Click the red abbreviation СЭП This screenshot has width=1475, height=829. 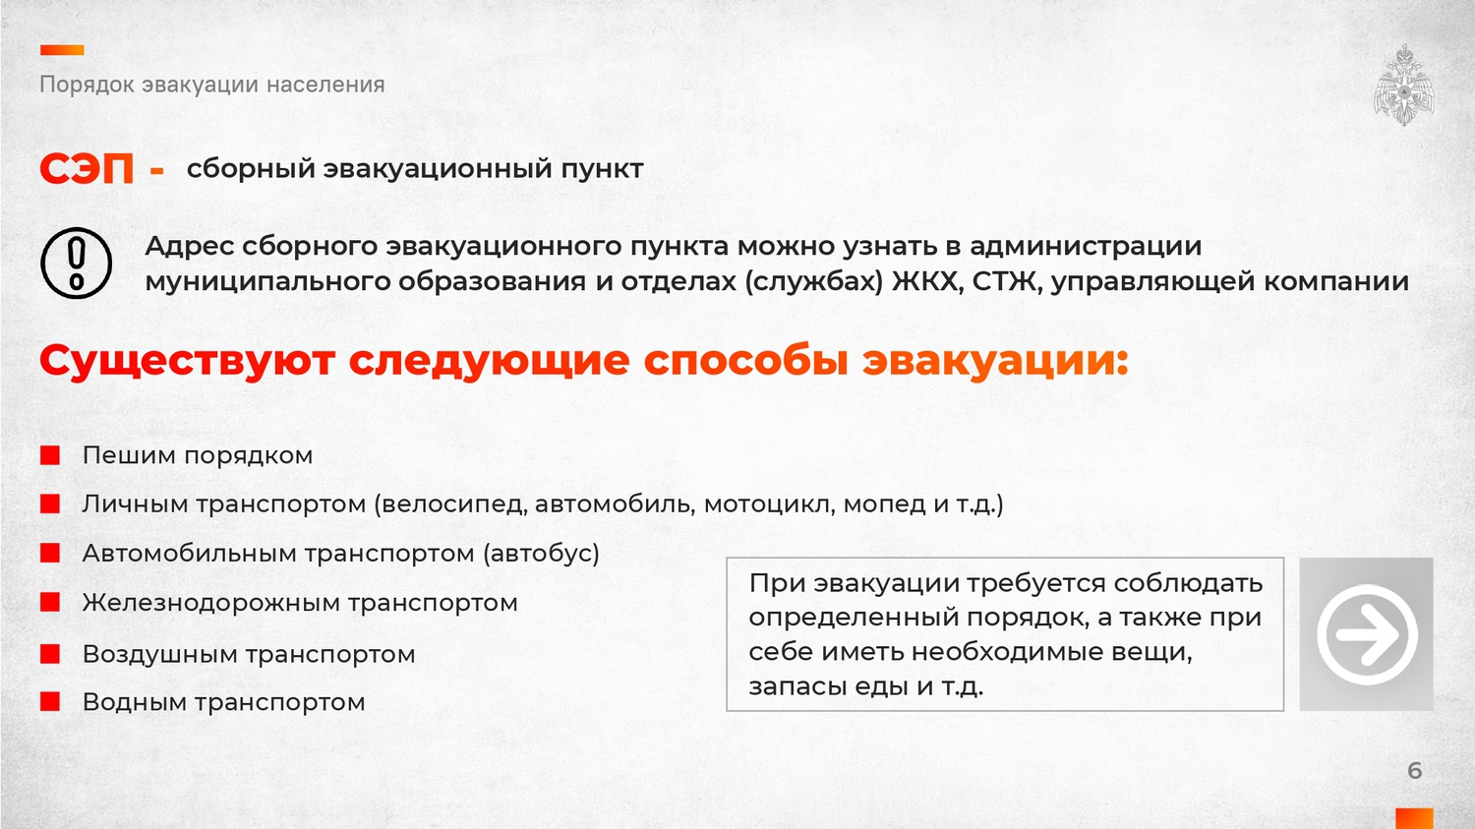[x=87, y=168]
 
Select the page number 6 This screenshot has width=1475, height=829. [x=1414, y=770]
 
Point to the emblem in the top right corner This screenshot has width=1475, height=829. [x=1404, y=85]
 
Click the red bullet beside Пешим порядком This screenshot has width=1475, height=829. [x=50, y=455]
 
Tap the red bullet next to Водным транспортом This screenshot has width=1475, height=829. [x=50, y=701]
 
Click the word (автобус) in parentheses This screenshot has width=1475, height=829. [x=541, y=553]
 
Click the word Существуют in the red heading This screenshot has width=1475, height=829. [x=187, y=361]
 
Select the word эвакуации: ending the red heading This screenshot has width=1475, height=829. [x=995, y=361]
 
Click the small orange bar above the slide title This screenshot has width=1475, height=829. [x=62, y=50]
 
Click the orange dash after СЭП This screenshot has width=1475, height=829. [x=156, y=171]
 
